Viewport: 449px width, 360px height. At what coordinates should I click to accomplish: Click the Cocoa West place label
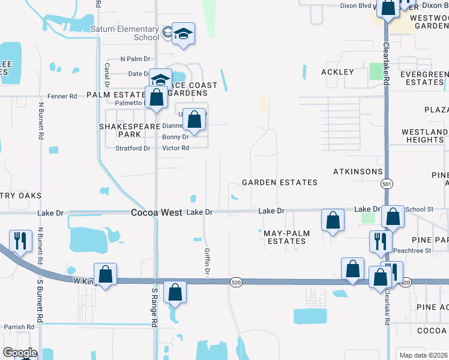157,212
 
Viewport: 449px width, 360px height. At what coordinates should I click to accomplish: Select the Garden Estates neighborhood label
279,182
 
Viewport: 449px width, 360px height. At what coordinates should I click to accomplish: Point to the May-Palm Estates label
285,236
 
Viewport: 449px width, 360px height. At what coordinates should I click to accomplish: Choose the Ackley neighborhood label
337,72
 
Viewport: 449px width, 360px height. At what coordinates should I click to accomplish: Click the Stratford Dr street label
132,148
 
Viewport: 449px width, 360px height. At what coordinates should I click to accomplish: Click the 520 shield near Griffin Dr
236,282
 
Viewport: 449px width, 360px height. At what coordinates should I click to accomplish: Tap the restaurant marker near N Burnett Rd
20,241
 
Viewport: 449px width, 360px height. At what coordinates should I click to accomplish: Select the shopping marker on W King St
105,275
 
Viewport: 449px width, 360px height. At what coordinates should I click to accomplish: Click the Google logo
20,353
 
